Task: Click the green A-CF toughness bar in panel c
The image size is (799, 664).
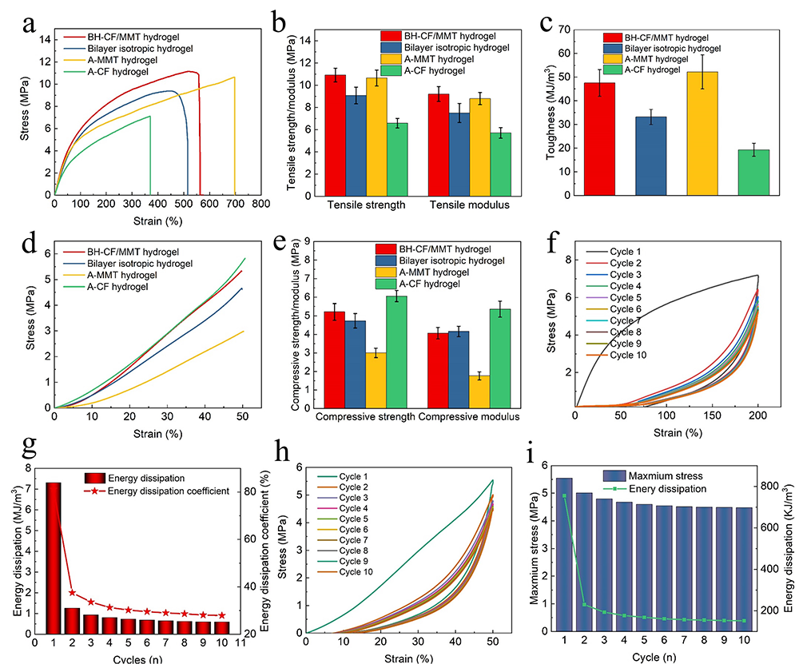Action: click(x=753, y=172)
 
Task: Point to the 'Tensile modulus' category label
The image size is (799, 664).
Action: click(x=466, y=205)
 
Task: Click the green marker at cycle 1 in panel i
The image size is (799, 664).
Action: click(x=564, y=496)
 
